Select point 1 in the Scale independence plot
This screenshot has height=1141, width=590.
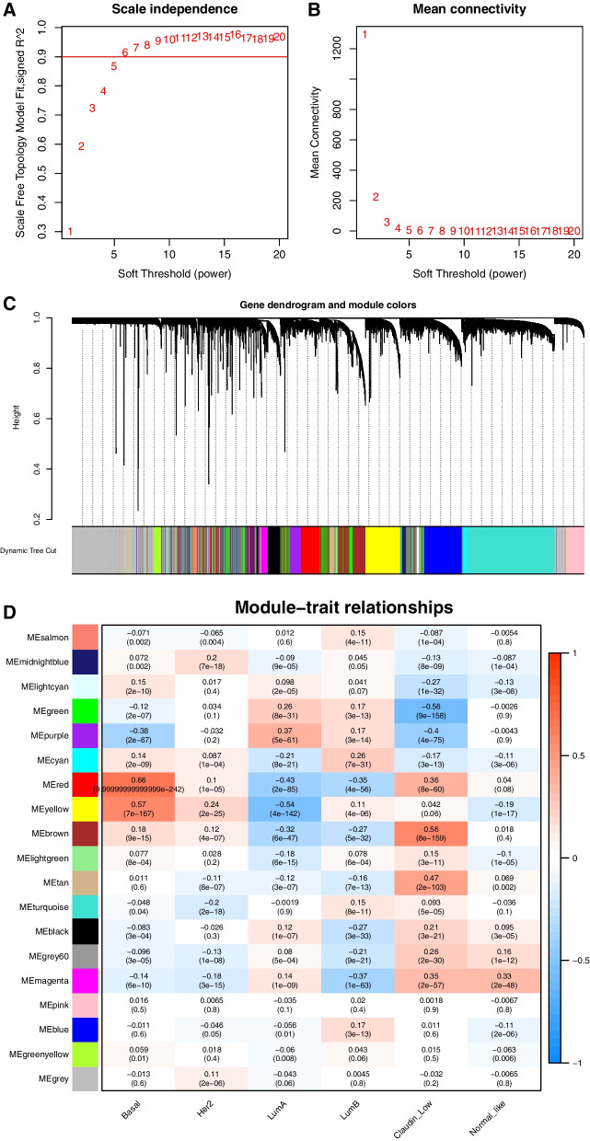[70, 232]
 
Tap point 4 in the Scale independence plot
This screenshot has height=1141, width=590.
[103, 91]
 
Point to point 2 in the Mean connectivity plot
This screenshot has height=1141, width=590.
[376, 197]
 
